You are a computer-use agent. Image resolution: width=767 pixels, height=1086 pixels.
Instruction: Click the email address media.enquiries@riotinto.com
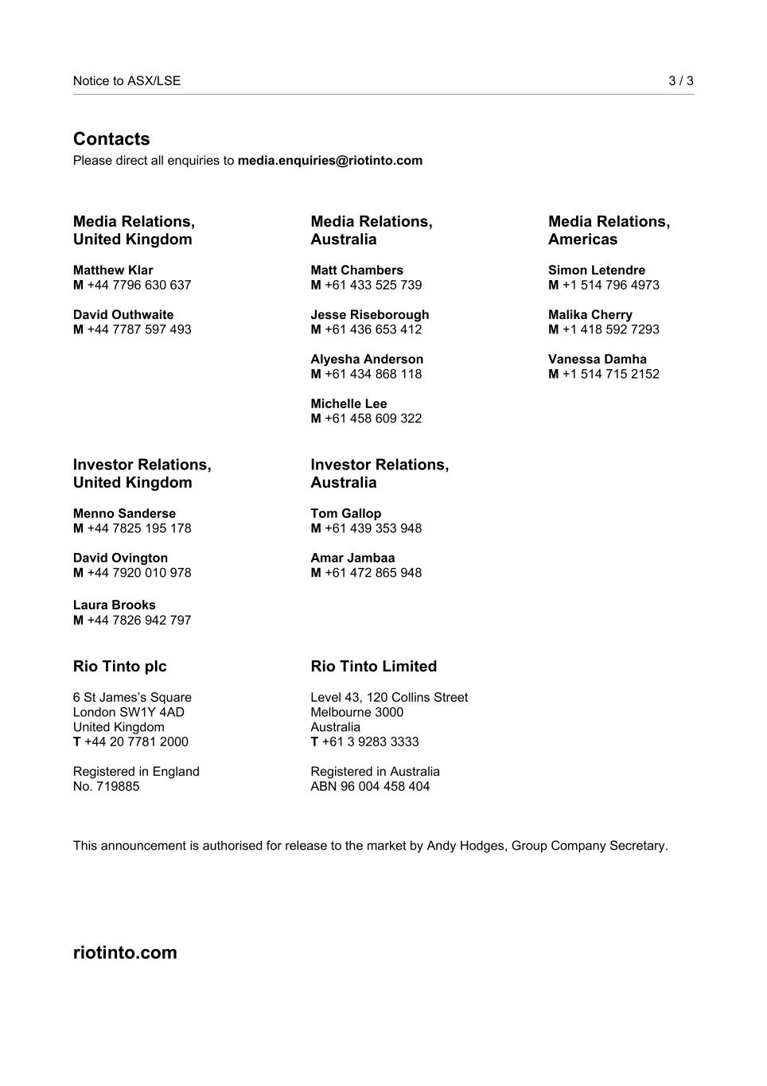coord(329,161)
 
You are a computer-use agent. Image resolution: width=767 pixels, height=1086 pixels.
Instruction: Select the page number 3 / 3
coord(680,81)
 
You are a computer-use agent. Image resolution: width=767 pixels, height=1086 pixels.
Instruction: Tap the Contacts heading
coord(111,139)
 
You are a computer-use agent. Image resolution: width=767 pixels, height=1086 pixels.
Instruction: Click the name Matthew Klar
coord(113,271)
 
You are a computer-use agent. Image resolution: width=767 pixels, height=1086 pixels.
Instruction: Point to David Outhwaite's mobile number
coord(138,329)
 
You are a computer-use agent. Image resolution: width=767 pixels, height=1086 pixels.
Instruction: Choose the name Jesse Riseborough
coord(369,315)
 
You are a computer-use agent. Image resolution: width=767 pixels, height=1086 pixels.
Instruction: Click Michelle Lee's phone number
coord(372,418)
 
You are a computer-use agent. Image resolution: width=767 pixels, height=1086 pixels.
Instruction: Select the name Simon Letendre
coord(597,271)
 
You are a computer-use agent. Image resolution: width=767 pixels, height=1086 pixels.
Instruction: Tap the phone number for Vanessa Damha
coord(610,374)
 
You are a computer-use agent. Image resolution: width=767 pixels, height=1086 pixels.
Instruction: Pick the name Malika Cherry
coord(590,315)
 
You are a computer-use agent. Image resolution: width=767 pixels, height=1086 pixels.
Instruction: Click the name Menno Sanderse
coord(124,514)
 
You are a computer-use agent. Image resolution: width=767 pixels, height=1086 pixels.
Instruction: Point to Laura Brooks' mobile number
coord(138,621)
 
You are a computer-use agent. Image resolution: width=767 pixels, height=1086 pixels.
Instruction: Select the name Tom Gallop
coord(345,514)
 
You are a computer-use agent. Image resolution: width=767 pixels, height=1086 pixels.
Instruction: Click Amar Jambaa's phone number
coord(372,573)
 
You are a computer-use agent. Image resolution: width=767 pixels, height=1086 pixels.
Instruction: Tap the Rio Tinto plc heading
coord(120,667)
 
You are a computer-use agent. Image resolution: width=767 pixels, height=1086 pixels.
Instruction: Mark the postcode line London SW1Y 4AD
coord(129,712)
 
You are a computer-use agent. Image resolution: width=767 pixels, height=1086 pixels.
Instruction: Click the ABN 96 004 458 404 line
coord(370,787)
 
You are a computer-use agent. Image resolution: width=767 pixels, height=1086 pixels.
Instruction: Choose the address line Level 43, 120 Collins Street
coord(389,698)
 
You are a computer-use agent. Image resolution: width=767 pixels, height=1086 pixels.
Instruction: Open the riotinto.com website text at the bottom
coord(125,953)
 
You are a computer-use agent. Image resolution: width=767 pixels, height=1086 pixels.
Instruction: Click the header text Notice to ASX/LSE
coord(127,81)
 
